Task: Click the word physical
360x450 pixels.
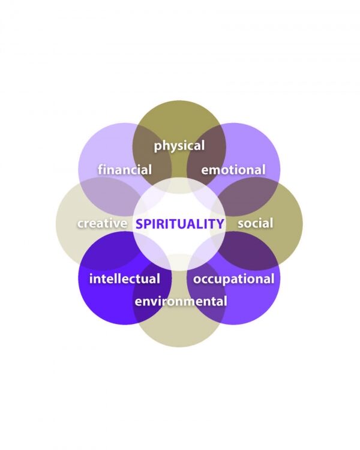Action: point(179,146)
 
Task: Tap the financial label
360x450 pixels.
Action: point(125,170)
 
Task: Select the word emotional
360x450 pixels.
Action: point(233,170)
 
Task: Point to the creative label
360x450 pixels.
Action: point(102,223)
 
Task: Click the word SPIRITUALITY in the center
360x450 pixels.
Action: point(180,224)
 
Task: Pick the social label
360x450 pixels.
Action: point(255,223)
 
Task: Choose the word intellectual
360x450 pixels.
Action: point(125,278)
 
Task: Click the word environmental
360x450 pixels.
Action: point(181,301)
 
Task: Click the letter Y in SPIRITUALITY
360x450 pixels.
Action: point(220,224)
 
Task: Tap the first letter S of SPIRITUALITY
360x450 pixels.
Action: point(140,224)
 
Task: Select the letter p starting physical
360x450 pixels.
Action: point(158,147)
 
